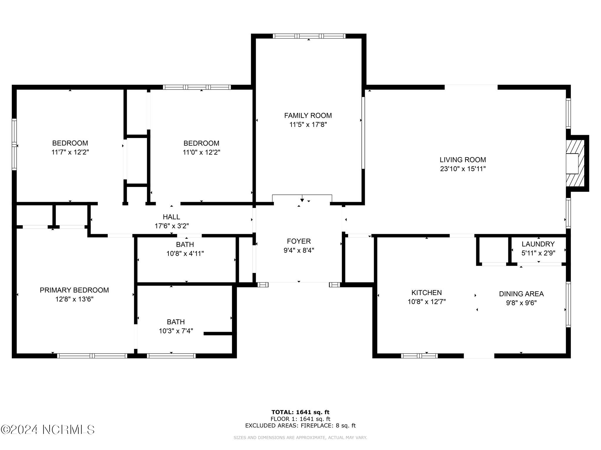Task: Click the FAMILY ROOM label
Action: (308, 115)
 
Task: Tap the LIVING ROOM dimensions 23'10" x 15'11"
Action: (463, 169)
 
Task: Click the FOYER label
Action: (299, 241)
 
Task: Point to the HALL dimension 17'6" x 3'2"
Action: (172, 226)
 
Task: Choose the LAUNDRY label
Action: (538, 244)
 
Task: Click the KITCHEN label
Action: (426, 293)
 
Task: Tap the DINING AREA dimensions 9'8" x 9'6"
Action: (521, 303)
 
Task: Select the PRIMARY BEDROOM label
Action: (74, 290)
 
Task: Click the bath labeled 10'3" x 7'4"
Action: (176, 322)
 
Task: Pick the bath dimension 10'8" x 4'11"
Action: (185, 254)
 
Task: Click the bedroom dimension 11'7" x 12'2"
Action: (70, 152)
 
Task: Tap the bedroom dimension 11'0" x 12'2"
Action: (201, 152)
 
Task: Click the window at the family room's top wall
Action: (309, 36)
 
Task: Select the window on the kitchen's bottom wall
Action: (419, 356)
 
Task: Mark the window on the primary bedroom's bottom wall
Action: (92, 356)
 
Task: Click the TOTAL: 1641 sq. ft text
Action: (300, 412)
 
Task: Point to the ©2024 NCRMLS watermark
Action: (48, 430)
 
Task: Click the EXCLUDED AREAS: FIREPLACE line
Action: (300, 426)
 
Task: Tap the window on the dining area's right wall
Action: (568, 304)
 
